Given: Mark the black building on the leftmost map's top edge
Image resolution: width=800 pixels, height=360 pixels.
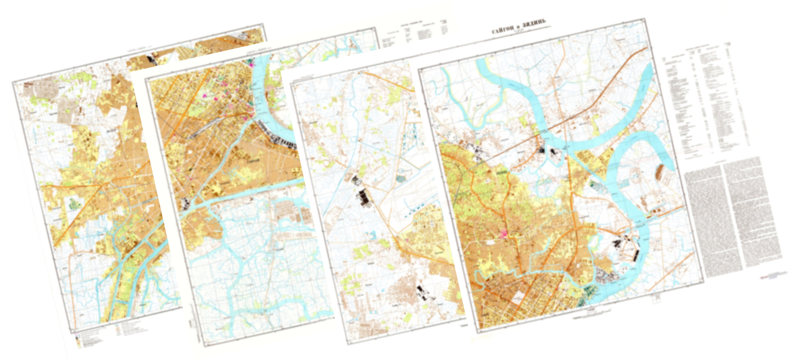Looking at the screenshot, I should click(x=151, y=59).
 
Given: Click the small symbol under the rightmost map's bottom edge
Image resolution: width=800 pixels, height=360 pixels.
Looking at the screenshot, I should click(x=656, y=298).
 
